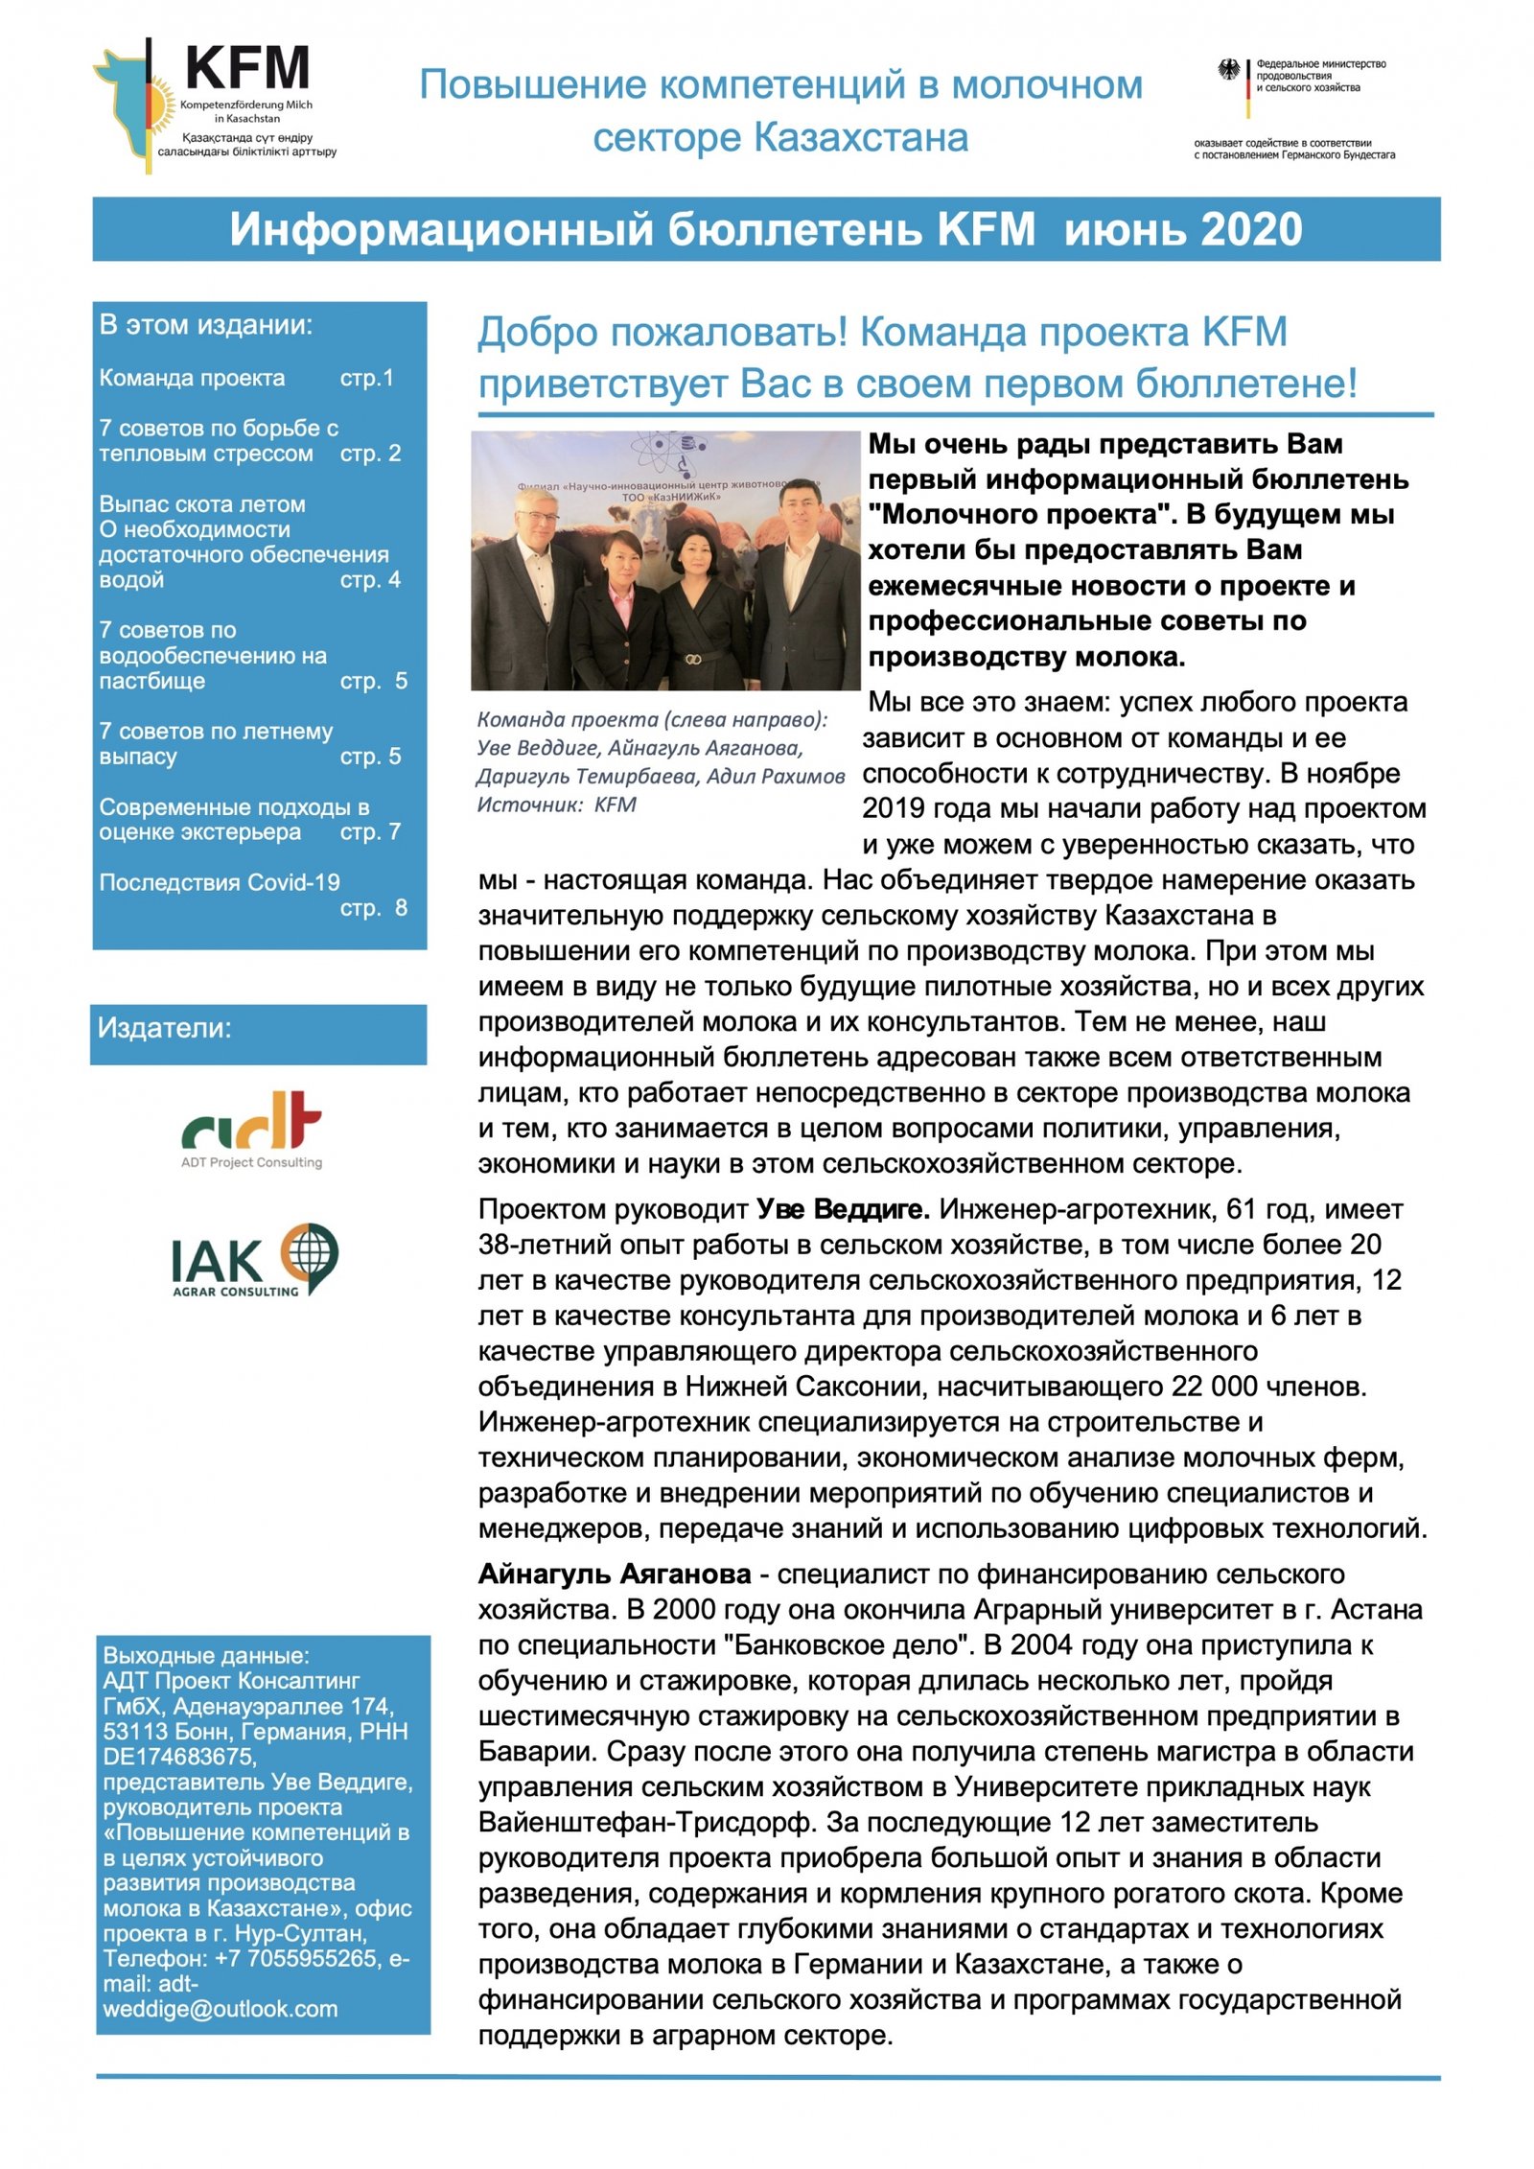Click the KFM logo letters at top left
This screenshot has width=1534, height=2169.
[247, 68]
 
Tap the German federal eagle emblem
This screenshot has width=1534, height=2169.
[1228, 70]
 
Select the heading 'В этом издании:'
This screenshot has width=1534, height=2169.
[206, 325]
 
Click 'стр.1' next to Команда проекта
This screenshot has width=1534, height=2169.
[366, 378]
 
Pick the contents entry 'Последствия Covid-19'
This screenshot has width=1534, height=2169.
[220, 882]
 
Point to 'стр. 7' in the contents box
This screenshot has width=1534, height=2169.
[370, 832]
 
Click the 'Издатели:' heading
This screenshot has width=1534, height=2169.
[165, 1029]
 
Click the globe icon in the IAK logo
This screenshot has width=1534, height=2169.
[309, 1252]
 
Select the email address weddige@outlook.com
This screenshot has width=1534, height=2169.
[221, 2009]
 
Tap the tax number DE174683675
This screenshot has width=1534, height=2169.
[179, 1757]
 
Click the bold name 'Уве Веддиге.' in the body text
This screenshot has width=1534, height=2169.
[843, 1210]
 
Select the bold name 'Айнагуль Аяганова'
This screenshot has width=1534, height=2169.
[615, 1574]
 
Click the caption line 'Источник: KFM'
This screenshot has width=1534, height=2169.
[556, 805]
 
